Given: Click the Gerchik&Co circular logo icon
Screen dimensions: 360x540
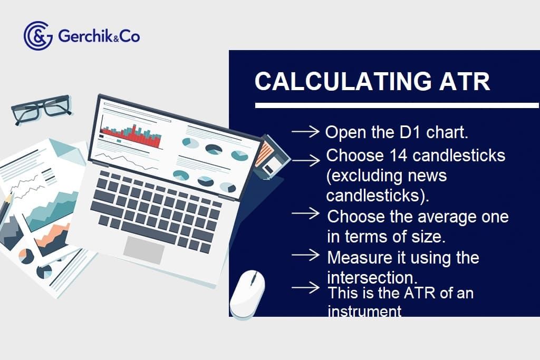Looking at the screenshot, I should pos(37,36).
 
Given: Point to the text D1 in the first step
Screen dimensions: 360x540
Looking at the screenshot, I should pos(402,132).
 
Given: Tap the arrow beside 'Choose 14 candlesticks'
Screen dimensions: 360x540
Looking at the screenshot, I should pos(306,159).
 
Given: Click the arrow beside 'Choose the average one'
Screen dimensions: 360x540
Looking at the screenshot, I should pos(306,213).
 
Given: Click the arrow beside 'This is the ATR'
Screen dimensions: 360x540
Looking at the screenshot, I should pos(306,288).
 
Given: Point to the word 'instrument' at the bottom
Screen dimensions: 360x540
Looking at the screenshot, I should pos(364,311).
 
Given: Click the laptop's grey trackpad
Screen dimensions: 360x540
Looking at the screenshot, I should pos(144,250).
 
